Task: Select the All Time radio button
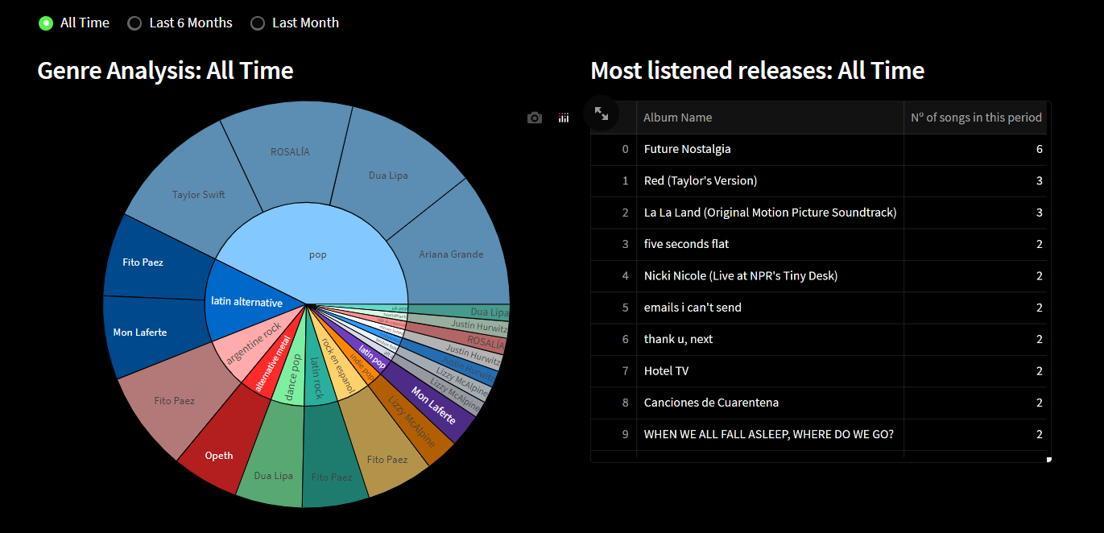[x=46, y=23]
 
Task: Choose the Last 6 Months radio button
[x=134, y=23]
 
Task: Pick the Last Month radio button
[x=258, y=23]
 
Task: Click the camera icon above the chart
[x=535, y=118]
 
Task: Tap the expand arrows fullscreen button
[x=602, y=114]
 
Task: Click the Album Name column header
[x=677, y=118]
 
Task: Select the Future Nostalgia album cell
[x=687, y=149]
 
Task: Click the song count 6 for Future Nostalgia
[x=1039, y=149]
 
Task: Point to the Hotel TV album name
[x=666, y=371]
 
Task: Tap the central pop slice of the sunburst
[x=318, y=254]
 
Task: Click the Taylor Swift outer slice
[x=198, y=194]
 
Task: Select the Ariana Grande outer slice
[x=451, y=254]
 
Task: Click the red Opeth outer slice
[x=219, y=455]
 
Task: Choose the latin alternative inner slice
[x=246, y=303]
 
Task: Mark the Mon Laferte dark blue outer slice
[x=140, y=332]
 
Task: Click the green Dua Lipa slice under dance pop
[x=274, y=475]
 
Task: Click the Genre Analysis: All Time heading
[x=165, y=71]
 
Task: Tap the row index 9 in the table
[x=624, y=435]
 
